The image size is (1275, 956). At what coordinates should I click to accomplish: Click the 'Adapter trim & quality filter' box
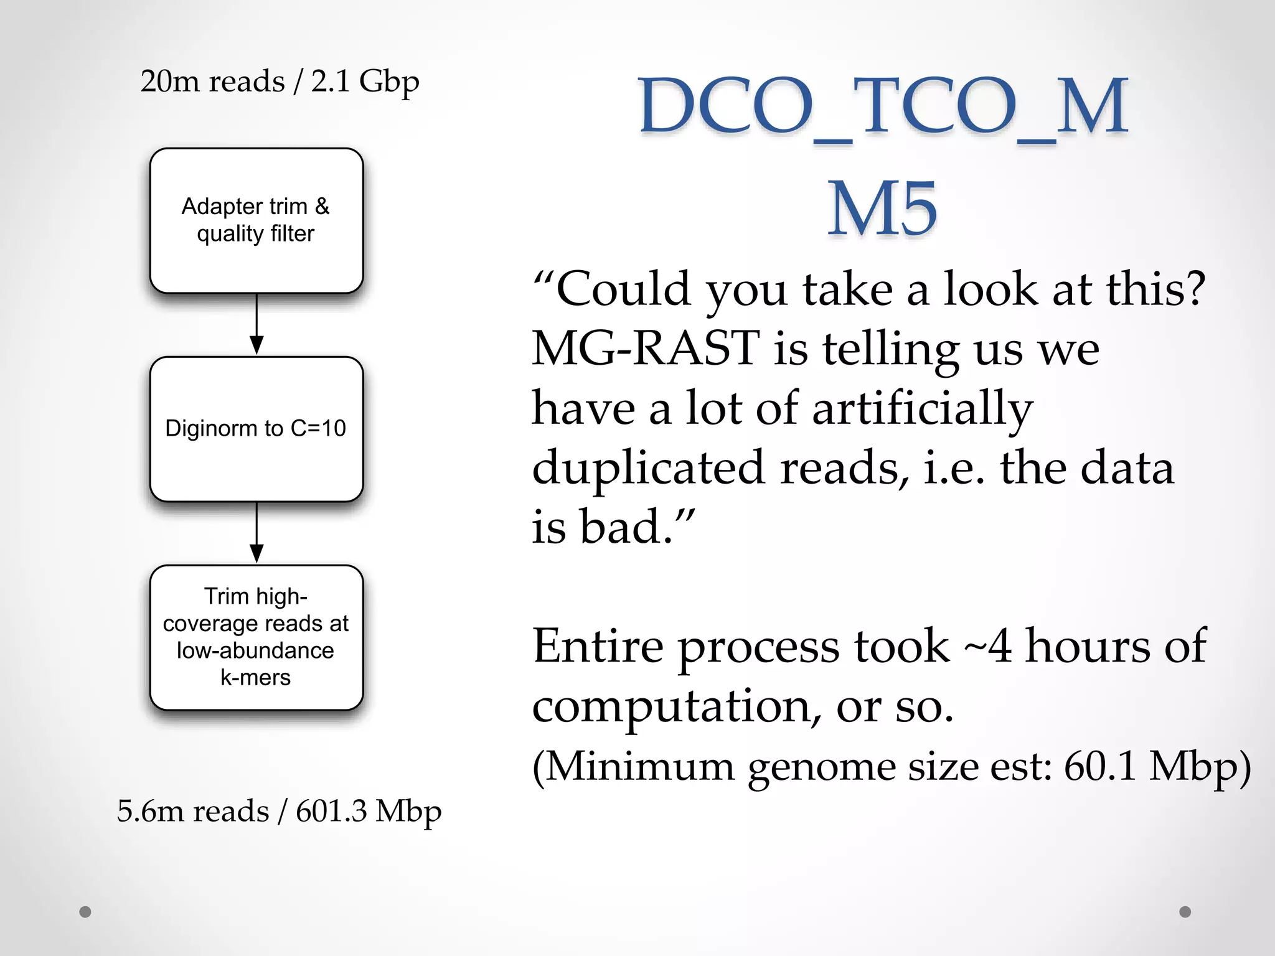(256, 220)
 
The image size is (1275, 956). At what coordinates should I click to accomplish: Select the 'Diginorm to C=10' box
(256, 429)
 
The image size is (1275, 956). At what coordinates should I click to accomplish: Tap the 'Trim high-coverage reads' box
(256, 637)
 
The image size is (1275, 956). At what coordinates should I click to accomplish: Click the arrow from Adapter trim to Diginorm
(256, 324)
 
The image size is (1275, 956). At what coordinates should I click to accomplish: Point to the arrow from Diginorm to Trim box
(256, 533)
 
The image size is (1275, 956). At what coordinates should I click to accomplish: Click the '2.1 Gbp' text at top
(365, 82)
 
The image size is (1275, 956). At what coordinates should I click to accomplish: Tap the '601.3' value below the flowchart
(331, 811)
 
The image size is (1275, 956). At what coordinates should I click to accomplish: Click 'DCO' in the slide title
(726, 106)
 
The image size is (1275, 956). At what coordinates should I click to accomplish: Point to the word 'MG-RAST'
(646, 348)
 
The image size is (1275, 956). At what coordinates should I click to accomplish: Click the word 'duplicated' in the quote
(648, 468)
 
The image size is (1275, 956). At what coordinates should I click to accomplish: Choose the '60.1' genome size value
(1101, 766)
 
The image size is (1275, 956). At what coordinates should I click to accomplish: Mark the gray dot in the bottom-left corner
(85, 912)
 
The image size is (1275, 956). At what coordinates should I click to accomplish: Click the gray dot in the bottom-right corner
(1185, 912)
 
